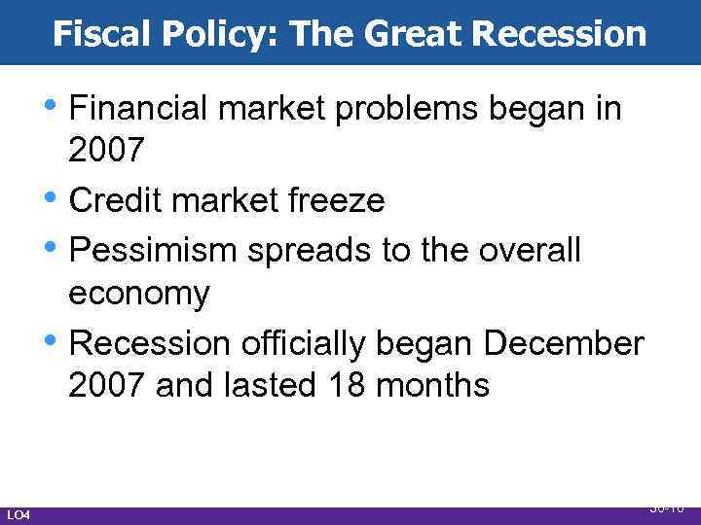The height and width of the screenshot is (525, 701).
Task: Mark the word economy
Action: click(x=139, y=295)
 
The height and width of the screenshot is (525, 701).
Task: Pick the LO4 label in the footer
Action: click(x=18, y=513)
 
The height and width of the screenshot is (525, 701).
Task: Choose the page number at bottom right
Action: click(x=667, y=508)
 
